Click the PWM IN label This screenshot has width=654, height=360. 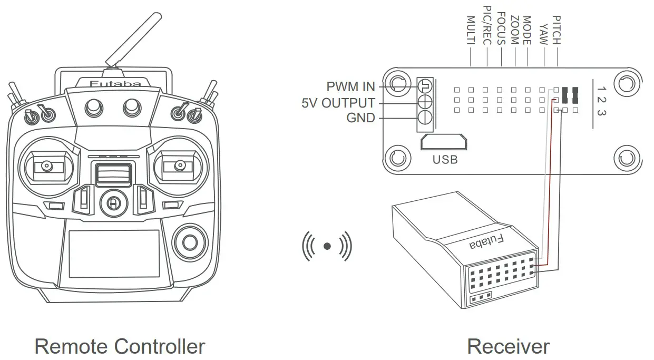350,86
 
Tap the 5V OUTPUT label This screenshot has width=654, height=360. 338,103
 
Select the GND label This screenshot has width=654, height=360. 360,118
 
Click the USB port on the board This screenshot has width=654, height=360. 444,143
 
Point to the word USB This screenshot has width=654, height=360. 445,159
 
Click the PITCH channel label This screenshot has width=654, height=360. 557,30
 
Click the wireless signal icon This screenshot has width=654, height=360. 327,246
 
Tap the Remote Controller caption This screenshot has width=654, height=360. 120,347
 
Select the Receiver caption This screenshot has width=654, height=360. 508,347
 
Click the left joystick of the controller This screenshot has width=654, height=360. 47,167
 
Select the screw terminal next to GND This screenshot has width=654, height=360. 425,118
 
